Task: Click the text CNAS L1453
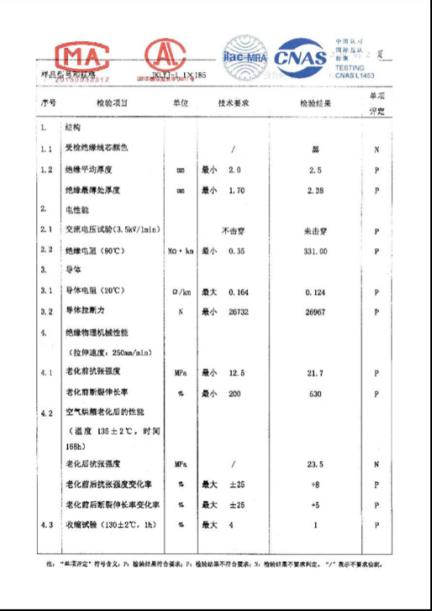point(356,75)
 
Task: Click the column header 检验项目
point(109,103)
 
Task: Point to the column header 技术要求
point(234,103)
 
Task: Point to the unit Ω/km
point(181,292)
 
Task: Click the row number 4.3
point(47,525)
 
